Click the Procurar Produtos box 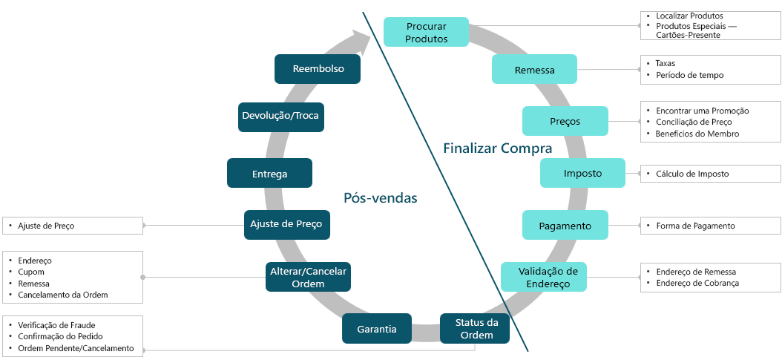426,32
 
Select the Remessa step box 534,70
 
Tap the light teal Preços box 565,121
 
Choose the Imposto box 582,173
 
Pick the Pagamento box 565,225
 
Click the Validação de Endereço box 544,277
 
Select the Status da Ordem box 475,328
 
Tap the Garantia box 376,328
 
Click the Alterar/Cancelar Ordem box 308,277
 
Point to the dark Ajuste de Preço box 287,224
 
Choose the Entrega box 269,173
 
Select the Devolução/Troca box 282,117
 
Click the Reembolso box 318,69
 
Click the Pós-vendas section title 381,198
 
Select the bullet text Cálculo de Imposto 692,174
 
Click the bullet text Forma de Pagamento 695,226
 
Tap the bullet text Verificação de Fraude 56,325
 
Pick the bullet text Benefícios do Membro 697,134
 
